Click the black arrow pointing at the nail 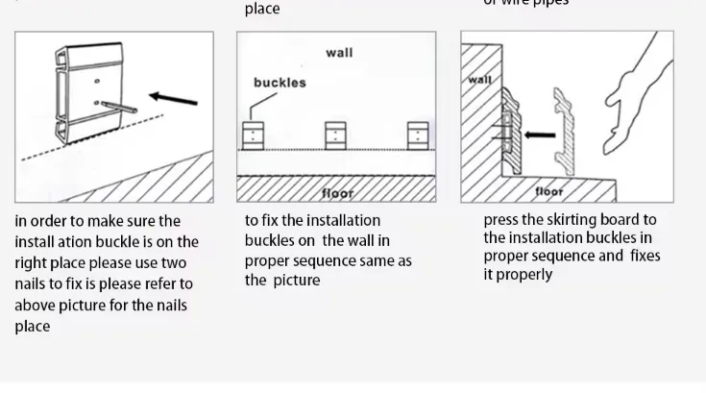click(x=175, y=98)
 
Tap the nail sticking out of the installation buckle click(x=116, y=106)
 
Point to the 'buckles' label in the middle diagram click(x=280, y=83)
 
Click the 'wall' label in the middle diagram click(x=339, y=52)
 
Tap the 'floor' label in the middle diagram click(x=337, y=193)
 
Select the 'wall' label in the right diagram click(x=479, y=80)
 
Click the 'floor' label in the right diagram click(x=549, y=191)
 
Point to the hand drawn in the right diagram click(x=634, y=86)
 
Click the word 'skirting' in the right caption click(x=574, y=220)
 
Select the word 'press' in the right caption click(x=502, y=220)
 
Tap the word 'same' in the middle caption click(x=376, y=261)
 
